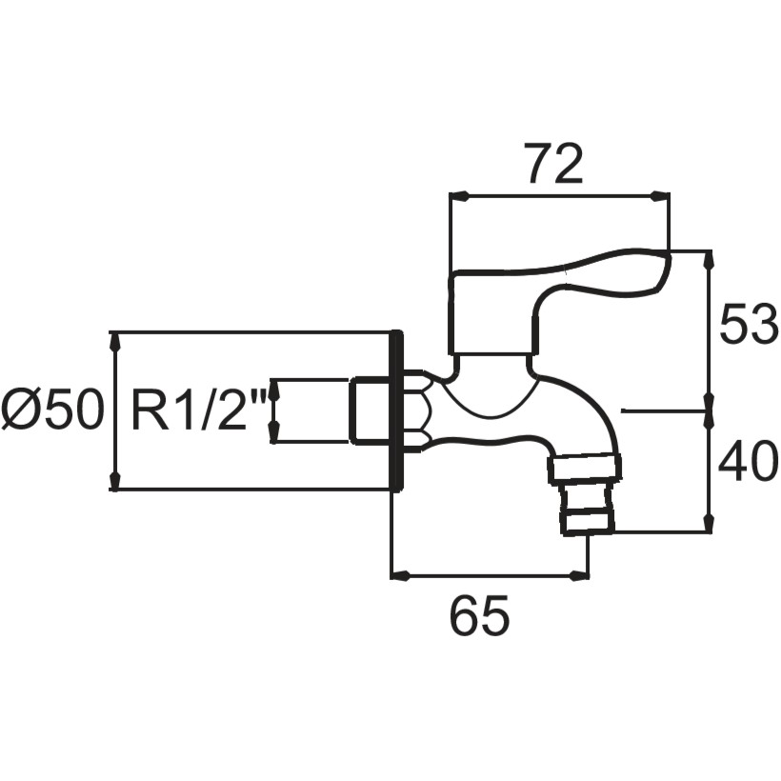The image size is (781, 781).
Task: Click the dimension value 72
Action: point(553,164)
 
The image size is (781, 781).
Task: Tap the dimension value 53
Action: point(748,325)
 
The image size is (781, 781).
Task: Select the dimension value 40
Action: point(748,462)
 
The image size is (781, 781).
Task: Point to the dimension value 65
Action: point(479,616)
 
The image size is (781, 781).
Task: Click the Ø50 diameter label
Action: point(53,410)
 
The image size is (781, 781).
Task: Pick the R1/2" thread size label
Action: point(198,411)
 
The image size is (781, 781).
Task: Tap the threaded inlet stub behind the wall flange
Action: point(370,410)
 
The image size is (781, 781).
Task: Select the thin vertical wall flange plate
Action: point(396,411)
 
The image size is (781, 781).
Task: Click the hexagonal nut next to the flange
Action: point(417,411)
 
